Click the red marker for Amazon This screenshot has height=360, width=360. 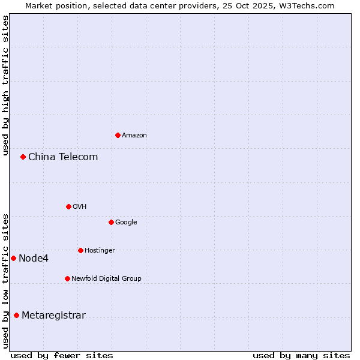point(118,135)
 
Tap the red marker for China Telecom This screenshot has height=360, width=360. point(23,157)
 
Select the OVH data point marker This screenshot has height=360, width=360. point(68,206)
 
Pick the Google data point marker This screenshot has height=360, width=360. point(111,222)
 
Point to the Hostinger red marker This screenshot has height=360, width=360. point(80,250)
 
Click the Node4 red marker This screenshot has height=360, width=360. point(13,258)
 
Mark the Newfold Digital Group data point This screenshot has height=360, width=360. point(67,278)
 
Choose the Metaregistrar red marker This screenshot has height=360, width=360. point(16,315)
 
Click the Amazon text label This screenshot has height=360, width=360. point(134,136)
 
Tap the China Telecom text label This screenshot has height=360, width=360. point(63,157)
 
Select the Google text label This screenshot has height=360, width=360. point(126,223)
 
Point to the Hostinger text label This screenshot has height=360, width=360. point(100,251)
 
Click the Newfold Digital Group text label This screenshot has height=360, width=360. point(106,279)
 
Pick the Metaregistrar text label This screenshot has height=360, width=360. point(53,316)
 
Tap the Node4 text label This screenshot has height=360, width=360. point(34,259)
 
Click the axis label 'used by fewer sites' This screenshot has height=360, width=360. point(62,356)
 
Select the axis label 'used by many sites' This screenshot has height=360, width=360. point(301,356)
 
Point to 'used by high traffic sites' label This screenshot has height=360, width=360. point(6,85)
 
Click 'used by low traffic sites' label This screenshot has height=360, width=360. point(6,281)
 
